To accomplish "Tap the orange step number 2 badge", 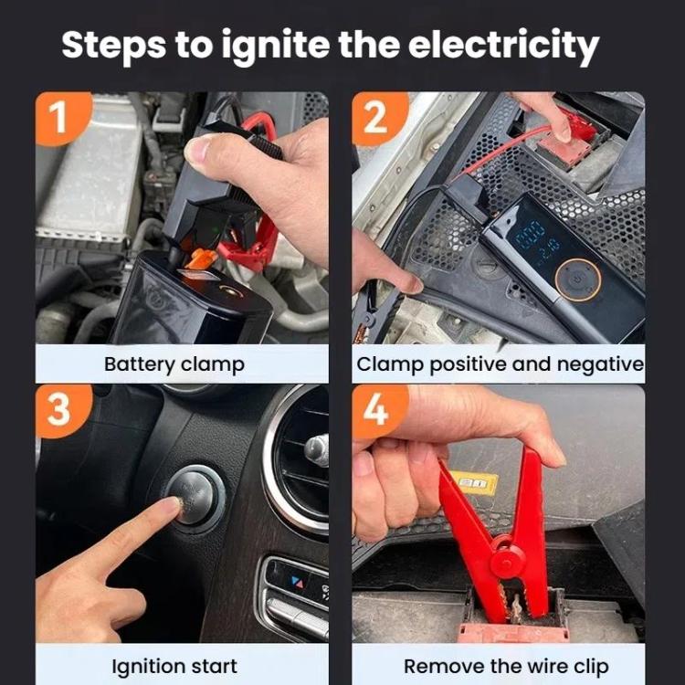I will pos(375,117).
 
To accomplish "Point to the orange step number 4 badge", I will pos(375,409).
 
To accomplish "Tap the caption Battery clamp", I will pos(174,364).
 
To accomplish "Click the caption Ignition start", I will pos(174,666).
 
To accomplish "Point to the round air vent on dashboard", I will pos(301,457).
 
